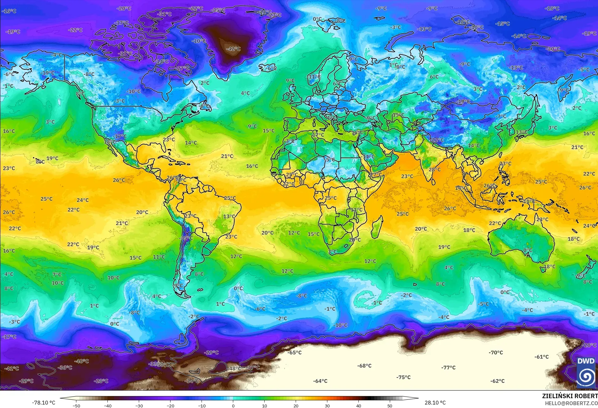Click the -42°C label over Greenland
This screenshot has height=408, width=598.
pyautogui.click(x=233, y=49)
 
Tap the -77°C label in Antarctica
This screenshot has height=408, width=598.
pyautogui.click(x=448, y=367)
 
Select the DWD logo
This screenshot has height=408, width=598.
pyautogui.click(x=586, y=372)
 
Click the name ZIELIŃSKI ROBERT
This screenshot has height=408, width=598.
pyautogui.click(x=569, y=396)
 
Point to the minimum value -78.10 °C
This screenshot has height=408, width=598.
pyautogui.click(x=43, y=403)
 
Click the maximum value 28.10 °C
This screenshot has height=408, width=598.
pyautogui.click(x=435, y=403)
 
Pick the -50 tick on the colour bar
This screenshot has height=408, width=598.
pyautogui.click(x=76, y=405)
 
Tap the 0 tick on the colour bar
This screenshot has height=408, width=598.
pyautogui.click(x=233, y=405)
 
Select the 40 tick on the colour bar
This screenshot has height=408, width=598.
pyautogui.click(x=358, y=405)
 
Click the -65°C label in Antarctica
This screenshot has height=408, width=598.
pyautogui.click(x=294, y=353)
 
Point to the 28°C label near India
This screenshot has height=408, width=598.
pyautogui.click(x=434, y=170)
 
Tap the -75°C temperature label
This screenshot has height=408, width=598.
pyautogui.click(x=403, y=377)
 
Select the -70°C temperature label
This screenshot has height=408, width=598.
pyautogui.click(x=496, y=353)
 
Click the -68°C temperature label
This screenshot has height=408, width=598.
pyautogui.click(x=364, y=366)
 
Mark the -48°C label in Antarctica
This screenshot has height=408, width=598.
pyautogui.click(x=235, y=368)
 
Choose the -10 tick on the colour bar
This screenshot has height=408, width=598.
pyautogui.click(x=202, y=405)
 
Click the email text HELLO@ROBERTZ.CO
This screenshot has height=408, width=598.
pyautogui.click(x=571, y=403)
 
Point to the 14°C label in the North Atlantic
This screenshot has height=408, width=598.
pyautogui.click(x=191, y=143)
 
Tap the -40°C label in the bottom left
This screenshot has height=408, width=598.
pyautogui.click(x=81, y=361)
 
